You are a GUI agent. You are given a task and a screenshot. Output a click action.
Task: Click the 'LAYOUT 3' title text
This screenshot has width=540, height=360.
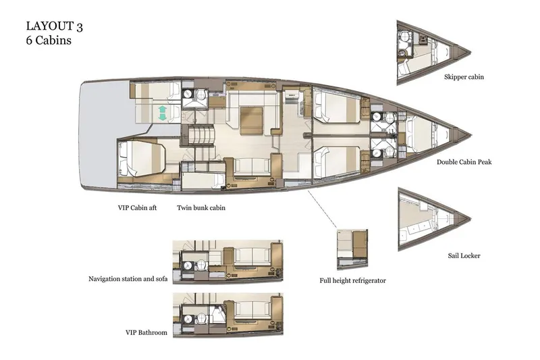(x=55, y=26)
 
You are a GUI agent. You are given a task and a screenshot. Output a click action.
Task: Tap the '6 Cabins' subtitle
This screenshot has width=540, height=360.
(x=49, y=40)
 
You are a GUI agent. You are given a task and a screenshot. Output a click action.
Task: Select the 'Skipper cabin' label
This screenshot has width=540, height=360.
(x=464, y=77)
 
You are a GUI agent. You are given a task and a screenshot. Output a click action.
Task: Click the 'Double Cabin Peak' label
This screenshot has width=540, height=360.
(x=468, y=162)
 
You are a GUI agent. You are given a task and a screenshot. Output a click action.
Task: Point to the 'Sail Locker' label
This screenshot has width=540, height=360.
(x=464, y=256)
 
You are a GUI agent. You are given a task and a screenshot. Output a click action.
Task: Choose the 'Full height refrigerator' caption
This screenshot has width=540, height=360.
(x=353, y=280)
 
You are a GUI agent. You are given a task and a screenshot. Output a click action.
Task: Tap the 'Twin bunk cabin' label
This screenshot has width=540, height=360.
(x=201, y=208)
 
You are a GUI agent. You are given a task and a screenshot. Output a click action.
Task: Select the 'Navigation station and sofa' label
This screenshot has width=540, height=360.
(x=128, y=278)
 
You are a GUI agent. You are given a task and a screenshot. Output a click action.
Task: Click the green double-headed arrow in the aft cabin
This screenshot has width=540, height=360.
(x=162, y=112)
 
